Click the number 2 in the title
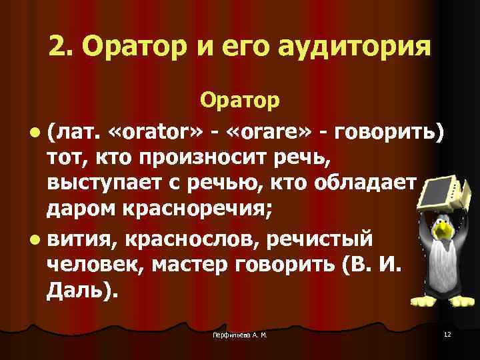coord(57,47)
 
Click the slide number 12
coord(446,333)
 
